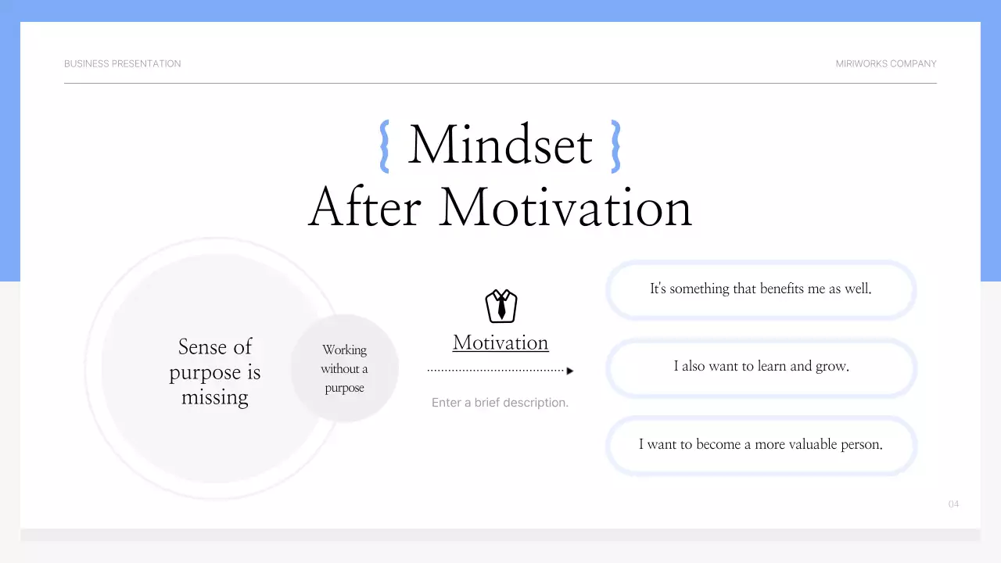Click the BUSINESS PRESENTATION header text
point(122,63)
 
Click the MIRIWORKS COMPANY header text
point(885,63)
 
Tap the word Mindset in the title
point(500,145)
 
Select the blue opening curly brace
point(384,146)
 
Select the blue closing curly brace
point(615,146)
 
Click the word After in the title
point(364,208)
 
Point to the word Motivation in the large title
point(565,208)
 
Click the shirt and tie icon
point(501,306)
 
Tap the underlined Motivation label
point(500,342)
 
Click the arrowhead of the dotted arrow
point(570,371)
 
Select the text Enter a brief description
point(500,403)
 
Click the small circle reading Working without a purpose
point(344,368)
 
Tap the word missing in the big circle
point(214,397)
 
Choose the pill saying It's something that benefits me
point(760,289)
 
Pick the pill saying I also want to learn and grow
point(761,366)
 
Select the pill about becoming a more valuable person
point(760,444)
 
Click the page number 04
point(953,504)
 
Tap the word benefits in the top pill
point(777,289)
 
